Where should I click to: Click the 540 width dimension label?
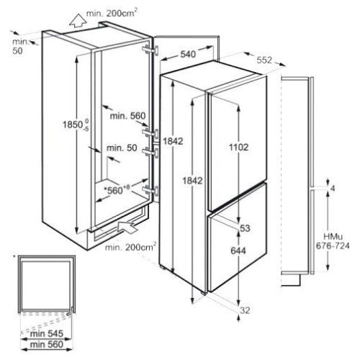pos(188,54)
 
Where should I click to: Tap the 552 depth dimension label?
pos(264,60)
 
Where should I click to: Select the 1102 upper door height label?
pos(238,147)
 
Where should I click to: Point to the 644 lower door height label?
pos(238,251)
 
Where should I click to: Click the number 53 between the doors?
pos(245,228)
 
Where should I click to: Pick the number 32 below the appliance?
pos(245,310)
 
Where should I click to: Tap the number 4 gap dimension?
pos(333,189)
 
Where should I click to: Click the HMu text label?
pos(333,237)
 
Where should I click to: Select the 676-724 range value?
pos(333,246)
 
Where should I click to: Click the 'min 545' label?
pos(47,333)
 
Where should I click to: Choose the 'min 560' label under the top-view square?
pos(47,344)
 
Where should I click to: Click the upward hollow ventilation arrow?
pos(78,20)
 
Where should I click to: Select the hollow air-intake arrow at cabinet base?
pos(127,227)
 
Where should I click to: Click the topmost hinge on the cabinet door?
pos(150,50)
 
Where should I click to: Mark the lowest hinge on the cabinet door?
pos(150,191)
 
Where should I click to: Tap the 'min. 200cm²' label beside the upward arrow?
pos(112,12)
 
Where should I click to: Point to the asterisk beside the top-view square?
pos(14,256)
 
